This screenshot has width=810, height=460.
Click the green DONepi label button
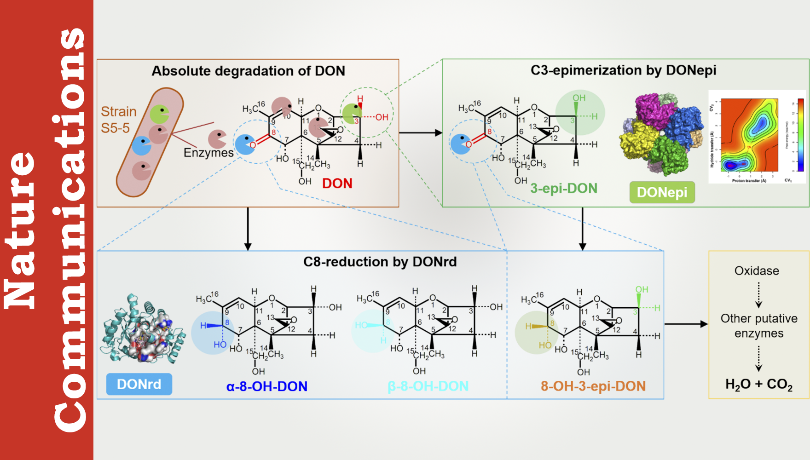pos(662,192)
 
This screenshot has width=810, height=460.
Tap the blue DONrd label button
pos(139,384)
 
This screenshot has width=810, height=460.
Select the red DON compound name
pos(337,184)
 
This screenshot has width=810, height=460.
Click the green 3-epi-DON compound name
pos(564,188)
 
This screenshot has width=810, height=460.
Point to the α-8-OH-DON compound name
pos(267,386)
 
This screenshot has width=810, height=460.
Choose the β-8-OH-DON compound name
pos(428,386)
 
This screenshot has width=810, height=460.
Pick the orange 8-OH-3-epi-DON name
pos(593,386)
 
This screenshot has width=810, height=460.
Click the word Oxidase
pos(757,271)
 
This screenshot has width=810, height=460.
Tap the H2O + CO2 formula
pos(759,384)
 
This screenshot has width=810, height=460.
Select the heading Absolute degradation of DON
pos(249,71)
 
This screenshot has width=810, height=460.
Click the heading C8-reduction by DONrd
pos(380,262)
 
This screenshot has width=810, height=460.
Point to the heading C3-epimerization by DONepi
pos(623,70)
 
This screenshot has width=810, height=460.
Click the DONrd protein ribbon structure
pos(143,329)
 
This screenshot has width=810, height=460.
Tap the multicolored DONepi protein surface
pos(663,133)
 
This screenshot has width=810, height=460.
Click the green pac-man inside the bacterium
pos(160,114)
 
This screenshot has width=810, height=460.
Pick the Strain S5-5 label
pos(118,120)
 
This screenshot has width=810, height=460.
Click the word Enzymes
pos(208,153)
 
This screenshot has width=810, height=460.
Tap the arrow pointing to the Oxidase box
pos(686,324)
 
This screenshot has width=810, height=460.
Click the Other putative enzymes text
pos(759,326)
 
